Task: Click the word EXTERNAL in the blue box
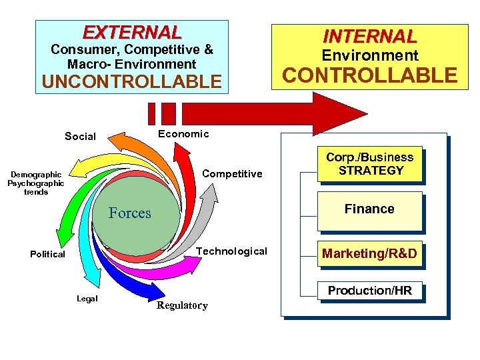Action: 131,32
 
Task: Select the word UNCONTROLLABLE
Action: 131,81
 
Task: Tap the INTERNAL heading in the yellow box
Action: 369,35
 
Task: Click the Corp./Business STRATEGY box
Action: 369,164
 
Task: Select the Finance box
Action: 369,209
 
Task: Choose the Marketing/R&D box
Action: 369,253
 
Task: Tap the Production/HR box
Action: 369,291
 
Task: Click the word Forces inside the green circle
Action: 130,213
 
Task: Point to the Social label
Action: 80,137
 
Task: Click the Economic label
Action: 183,134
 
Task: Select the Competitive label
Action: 232,174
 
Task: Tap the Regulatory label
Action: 181,306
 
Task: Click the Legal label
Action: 87,299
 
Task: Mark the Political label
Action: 47,254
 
